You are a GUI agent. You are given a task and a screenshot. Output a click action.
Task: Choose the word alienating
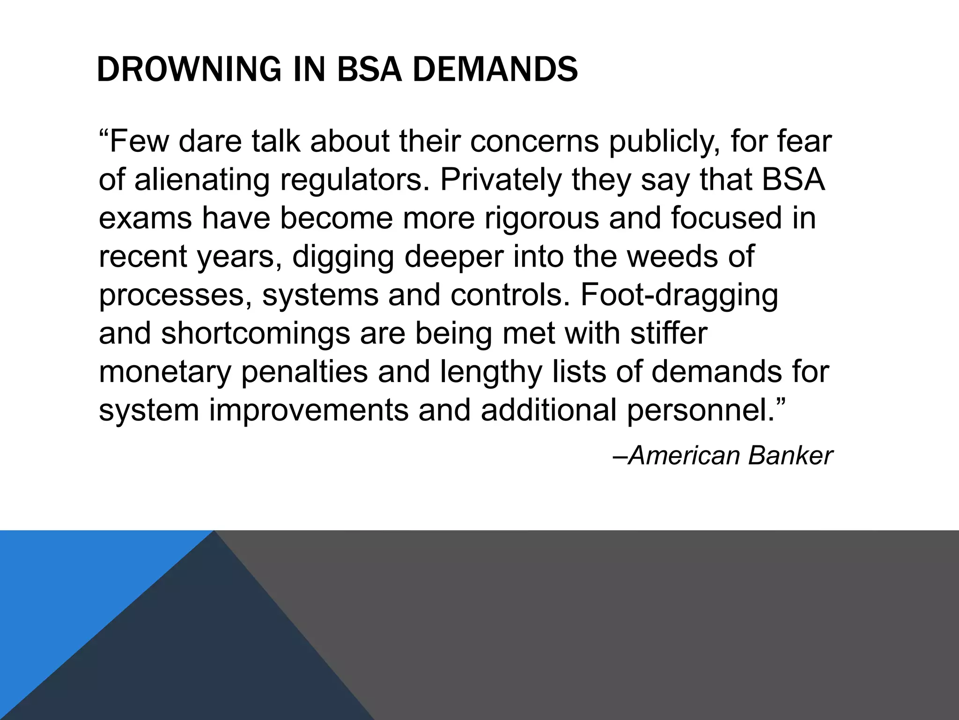coord(202,180)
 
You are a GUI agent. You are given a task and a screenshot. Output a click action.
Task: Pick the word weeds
coord(672,256)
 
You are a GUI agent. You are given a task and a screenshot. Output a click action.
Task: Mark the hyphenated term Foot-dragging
coord(679,295)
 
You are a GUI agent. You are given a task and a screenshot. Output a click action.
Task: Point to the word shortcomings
coord(256,333)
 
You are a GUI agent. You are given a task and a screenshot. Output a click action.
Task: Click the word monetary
coord(165,372)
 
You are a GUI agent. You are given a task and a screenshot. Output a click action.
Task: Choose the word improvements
coord(309,410)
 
